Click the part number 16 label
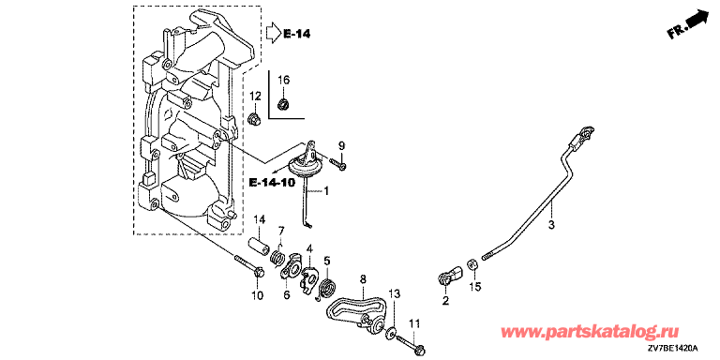click(284, 80)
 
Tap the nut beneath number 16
click(284, 104)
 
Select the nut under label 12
click(254, 119)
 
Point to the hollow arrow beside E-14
click(272, 33)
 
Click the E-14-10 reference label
click(271, 182)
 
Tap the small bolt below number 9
click(338, 163)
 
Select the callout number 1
click(326, 190)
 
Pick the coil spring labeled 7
click(277, 257)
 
